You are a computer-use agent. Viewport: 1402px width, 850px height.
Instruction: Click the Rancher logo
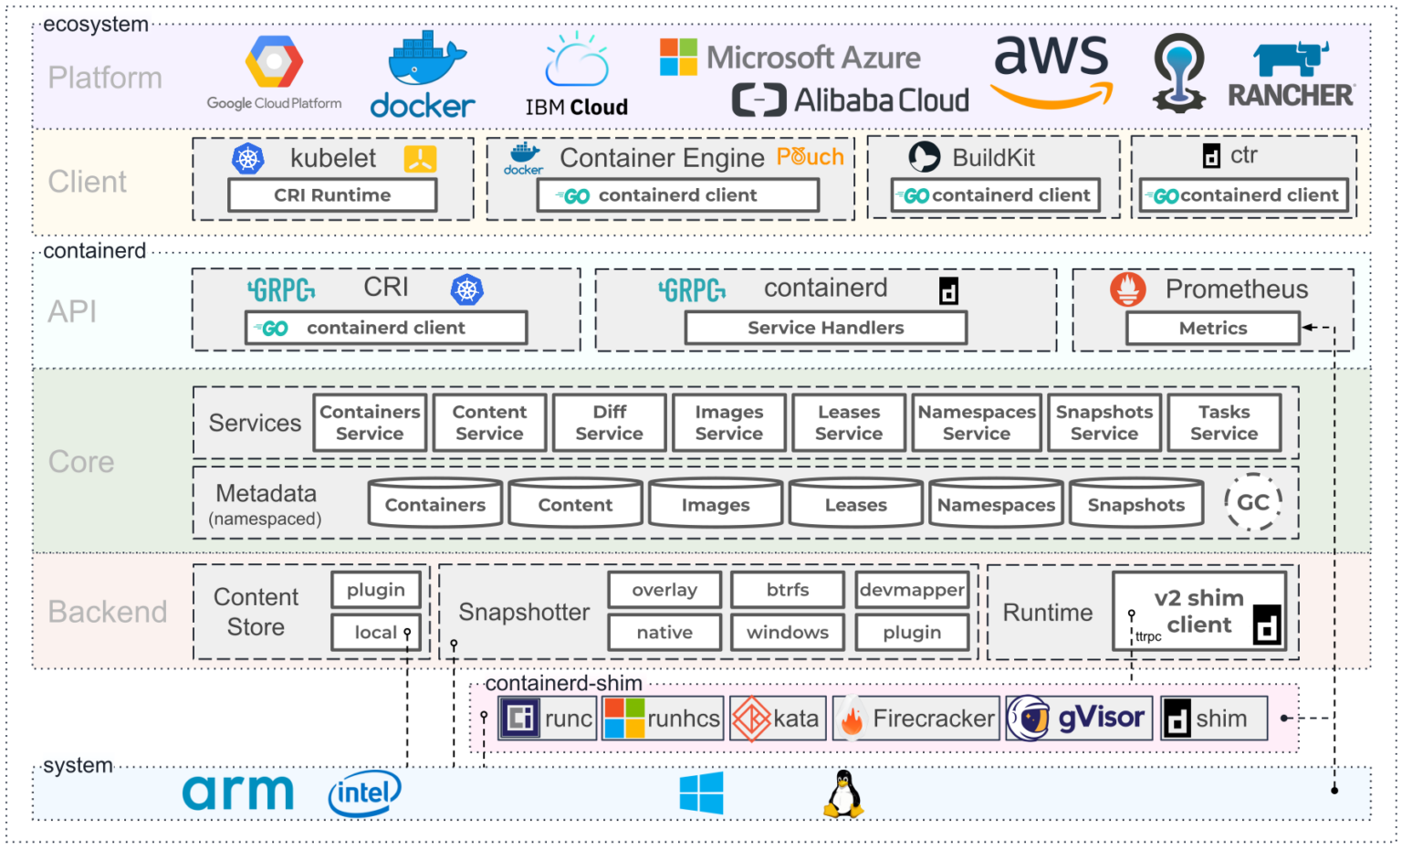(1291, 76)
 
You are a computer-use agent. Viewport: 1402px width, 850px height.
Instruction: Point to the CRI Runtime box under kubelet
(332, 195)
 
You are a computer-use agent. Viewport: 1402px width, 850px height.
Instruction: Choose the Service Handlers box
(825, 328)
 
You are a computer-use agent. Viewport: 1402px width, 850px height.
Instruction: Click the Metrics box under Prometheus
(1212, 329)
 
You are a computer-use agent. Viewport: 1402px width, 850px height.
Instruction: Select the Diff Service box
(609, 423)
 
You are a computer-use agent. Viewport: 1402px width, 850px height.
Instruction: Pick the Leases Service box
(848, 423)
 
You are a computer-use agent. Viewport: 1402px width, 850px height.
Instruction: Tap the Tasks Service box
(1224, 423)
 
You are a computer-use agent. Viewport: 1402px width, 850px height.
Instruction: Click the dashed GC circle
(1252, 502)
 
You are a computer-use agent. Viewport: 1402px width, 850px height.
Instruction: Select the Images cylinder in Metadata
(715, 505)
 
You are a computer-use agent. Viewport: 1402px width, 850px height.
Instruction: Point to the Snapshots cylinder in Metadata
(1135, 505)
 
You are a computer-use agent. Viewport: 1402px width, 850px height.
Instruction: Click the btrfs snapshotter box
(788, 590)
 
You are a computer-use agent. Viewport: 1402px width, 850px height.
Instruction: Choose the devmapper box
(912, 590)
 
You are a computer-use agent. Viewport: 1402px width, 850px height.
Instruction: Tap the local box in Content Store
(376, 632)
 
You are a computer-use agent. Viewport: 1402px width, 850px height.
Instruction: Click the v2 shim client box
(1198, 612)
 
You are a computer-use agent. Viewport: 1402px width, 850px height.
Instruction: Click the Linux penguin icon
(844, 793)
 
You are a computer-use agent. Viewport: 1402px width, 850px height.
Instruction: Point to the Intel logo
(364, 793)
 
